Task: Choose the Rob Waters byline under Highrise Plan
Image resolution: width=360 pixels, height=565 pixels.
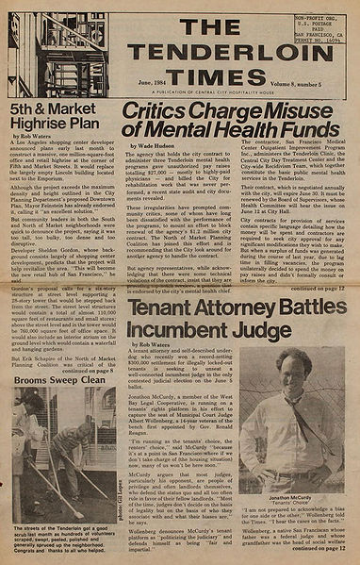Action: (35, 148)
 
